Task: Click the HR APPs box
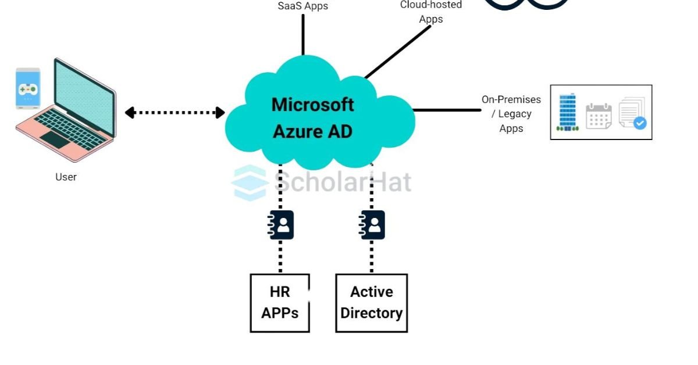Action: [280, 303]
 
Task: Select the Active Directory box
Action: [372, 303]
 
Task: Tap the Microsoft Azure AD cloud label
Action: [313, 118]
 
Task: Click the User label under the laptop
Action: [66, 177]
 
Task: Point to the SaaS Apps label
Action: [302, 6]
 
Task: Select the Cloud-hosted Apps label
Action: [431, 12]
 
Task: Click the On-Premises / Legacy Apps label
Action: [511, 114]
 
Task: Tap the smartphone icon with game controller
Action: [28, 88]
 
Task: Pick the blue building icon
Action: [567, 112]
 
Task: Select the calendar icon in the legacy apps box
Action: [599, 116]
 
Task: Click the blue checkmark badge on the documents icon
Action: [640, 123]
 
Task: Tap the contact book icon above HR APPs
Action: [281, 225]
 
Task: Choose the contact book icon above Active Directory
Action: [372, 225]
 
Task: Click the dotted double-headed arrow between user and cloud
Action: [174, 113]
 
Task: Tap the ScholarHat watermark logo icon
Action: [250, 182]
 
